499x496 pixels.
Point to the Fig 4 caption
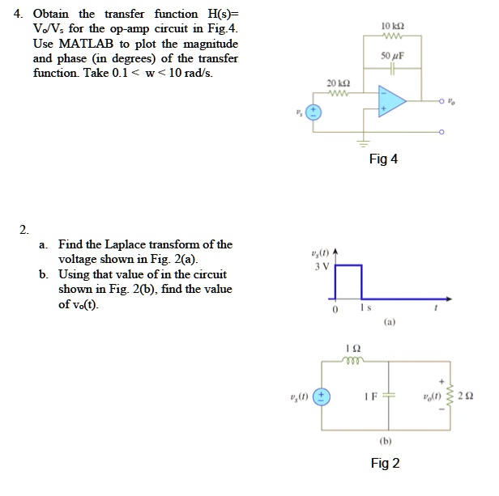click(x=383, y=159)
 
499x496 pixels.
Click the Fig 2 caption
click(x=385, y=463)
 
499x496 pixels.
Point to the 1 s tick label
click(x=366, y=308)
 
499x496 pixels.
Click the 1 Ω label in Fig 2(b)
click(x=349, y=348)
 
